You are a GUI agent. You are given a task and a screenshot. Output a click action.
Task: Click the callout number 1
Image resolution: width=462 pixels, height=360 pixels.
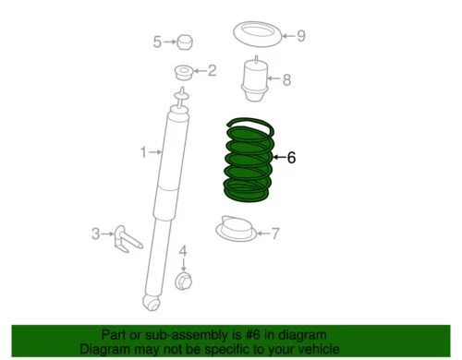[143, 153]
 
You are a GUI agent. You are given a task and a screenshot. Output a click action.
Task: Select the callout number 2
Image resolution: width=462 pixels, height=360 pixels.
[212, 70]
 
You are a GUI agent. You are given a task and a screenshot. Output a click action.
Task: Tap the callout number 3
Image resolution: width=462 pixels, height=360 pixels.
[95, 234]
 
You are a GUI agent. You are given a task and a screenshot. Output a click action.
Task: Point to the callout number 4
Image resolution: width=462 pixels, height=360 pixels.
[183, 250]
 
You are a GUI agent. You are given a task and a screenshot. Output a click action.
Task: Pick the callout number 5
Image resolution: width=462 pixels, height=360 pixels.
[157, 42]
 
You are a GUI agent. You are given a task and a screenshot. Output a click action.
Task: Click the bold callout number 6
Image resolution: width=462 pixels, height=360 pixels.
[291, 158]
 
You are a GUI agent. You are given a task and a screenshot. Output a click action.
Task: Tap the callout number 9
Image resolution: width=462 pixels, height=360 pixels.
[300, 37]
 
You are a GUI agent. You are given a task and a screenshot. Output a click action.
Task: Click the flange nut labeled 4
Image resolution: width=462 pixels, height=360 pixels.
[183, 280]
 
